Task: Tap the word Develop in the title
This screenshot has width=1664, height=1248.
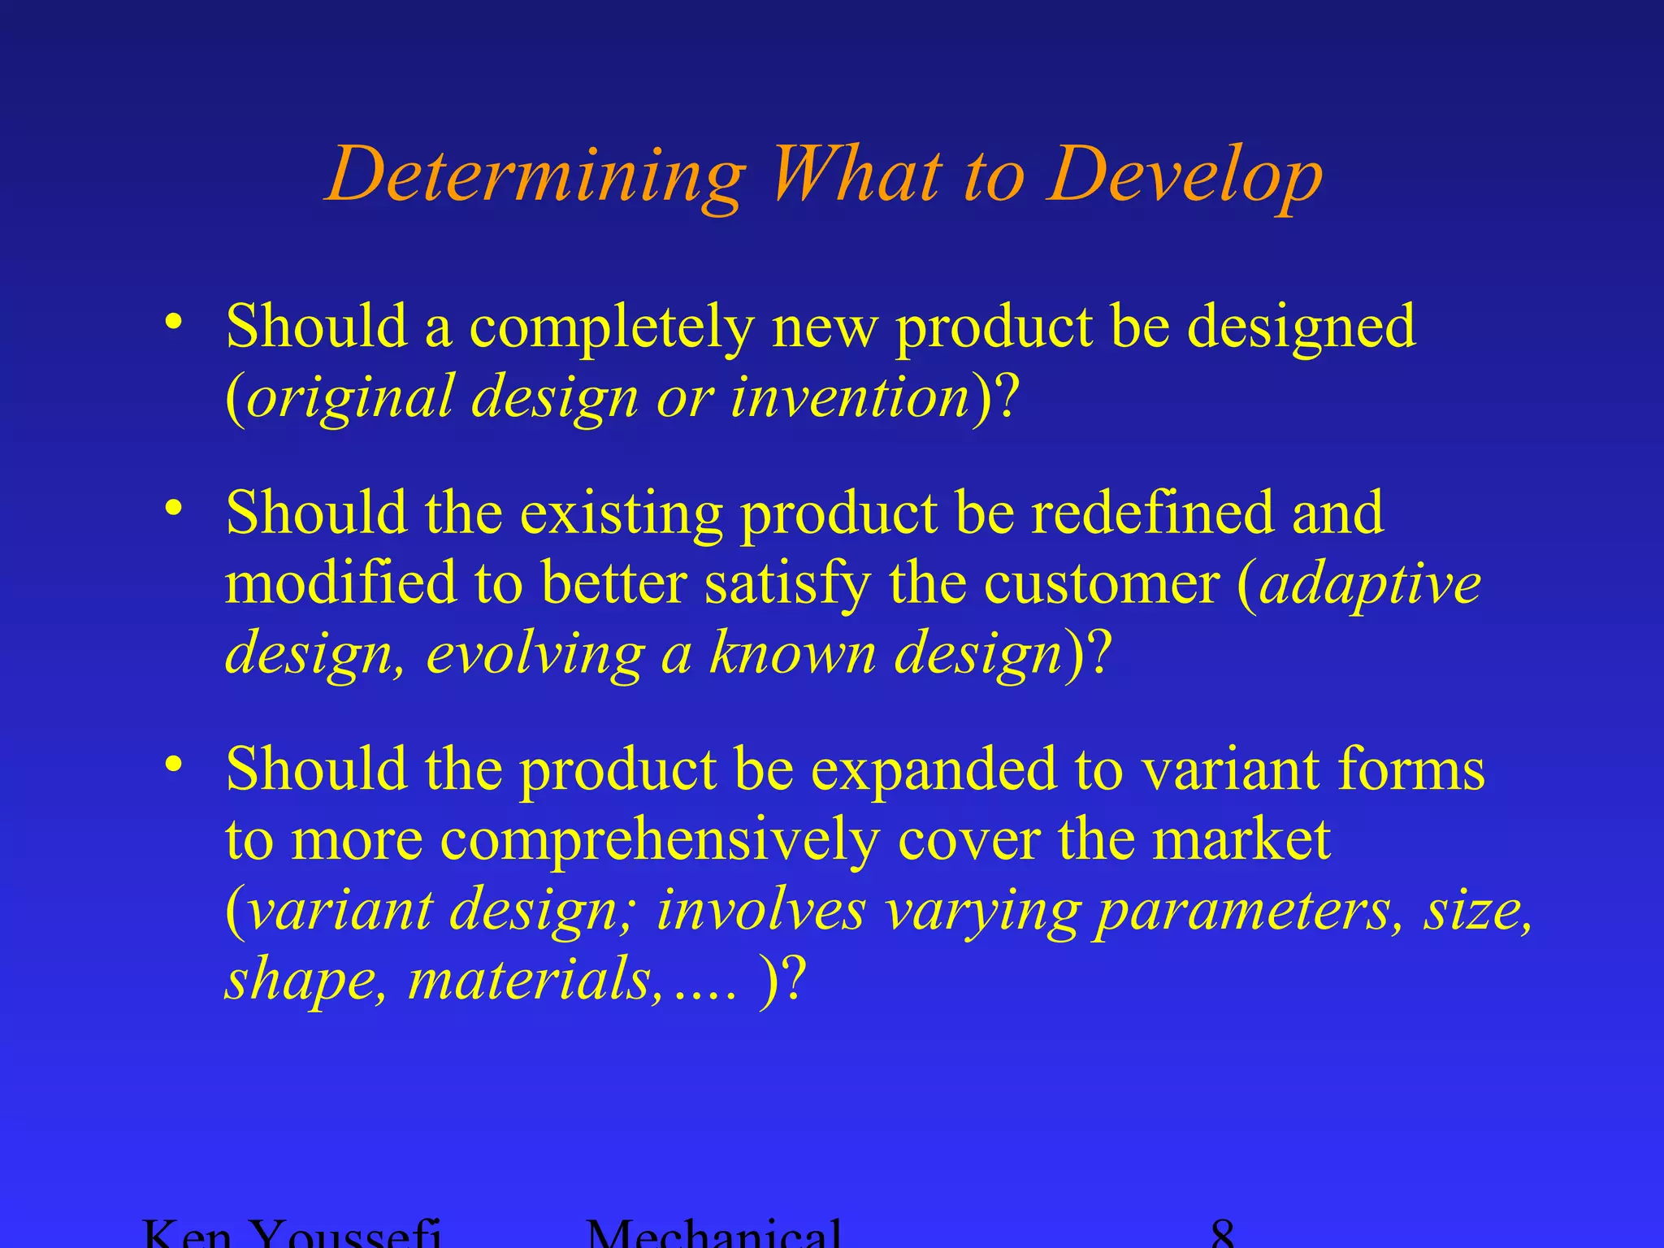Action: point(1185,175)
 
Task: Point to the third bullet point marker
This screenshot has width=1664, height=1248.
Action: point(172,765)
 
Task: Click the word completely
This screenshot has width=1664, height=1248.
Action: point(611,327)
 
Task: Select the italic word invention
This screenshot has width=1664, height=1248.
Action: point(850,397)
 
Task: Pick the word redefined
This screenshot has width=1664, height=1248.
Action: point(1152,513)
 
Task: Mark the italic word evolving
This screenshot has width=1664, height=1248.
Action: point(535,654)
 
